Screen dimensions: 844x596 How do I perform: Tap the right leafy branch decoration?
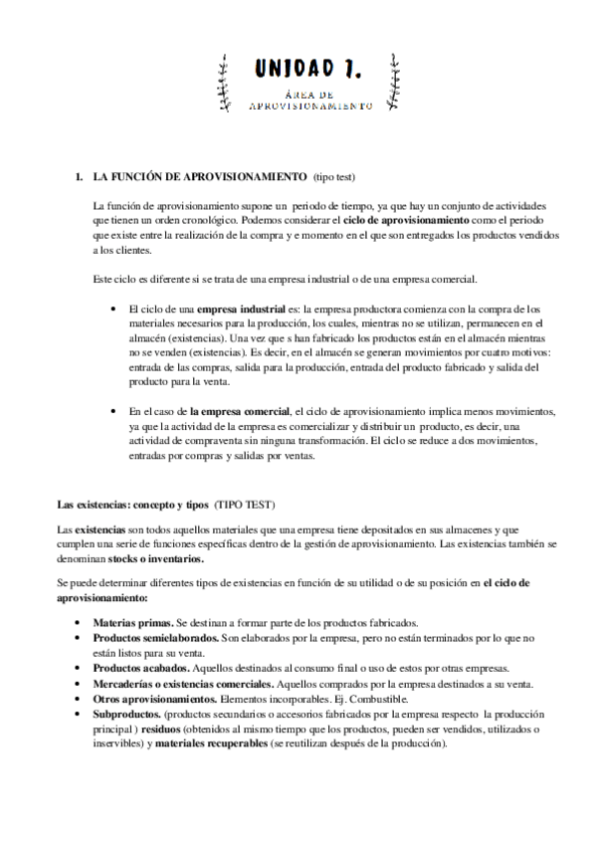click(394, 82)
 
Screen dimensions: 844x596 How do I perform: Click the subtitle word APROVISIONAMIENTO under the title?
click(309, 105)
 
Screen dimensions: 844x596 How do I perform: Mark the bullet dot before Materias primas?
click(79, 622)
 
